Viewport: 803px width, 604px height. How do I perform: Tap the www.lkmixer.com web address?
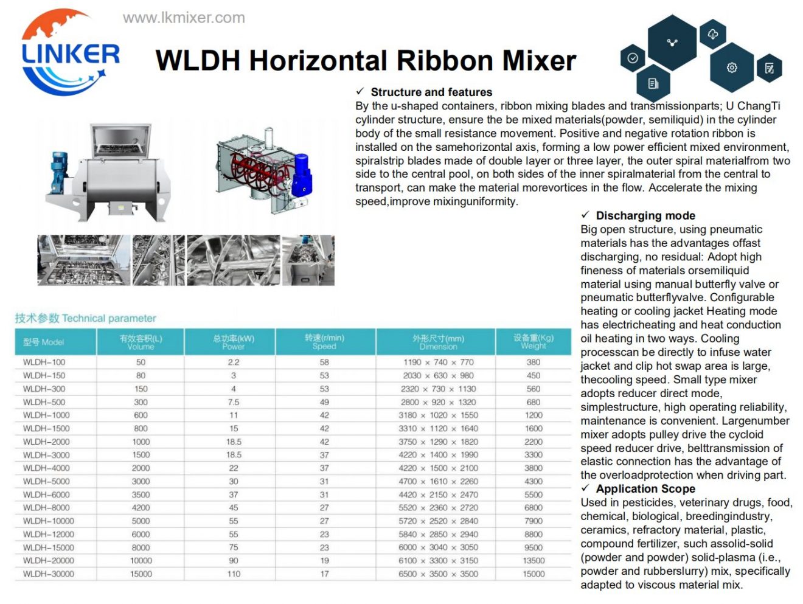184,18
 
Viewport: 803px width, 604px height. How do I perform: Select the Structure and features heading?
431,92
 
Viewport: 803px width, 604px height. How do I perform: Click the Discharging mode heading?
645,215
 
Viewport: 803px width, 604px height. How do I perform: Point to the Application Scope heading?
645,489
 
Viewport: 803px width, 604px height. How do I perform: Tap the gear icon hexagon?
732,68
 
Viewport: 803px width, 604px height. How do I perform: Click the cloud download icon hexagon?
712,35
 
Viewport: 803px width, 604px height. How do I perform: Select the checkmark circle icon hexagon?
633,58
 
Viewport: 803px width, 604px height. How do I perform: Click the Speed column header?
324,342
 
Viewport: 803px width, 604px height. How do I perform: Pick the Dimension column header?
438,342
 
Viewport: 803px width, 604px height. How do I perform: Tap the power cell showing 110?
234,574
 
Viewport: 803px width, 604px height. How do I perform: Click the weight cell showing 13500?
534,560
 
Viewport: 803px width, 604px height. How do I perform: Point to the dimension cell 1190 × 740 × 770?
438,362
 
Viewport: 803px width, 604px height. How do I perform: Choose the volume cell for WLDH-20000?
141,560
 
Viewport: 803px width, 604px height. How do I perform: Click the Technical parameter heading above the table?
86,318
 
